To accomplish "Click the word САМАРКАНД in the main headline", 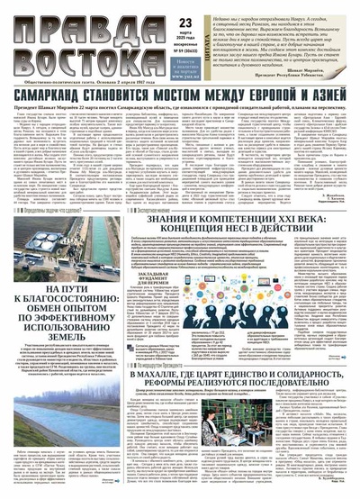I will [x=54, y=95].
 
